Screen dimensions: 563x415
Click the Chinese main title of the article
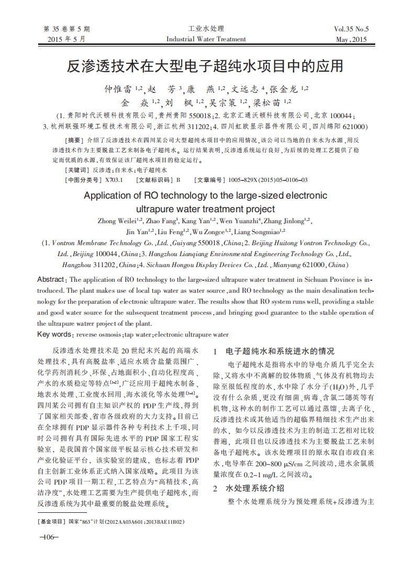205,66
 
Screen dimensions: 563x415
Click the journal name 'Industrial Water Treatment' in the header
206,39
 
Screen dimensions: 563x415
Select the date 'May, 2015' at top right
351,40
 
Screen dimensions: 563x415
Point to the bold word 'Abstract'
51,280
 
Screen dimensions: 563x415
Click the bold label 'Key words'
54,335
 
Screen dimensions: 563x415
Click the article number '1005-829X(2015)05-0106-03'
267,180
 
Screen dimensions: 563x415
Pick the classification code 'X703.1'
114,180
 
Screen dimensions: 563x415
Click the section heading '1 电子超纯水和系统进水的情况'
274,351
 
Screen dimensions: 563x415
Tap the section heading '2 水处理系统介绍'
249,488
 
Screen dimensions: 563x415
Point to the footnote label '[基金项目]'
51,522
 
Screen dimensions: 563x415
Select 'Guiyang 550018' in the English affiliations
199,243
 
